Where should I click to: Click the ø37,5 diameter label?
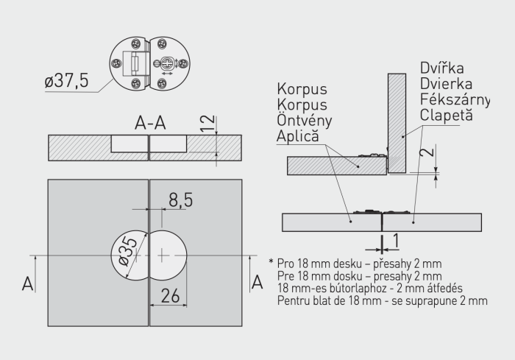[x=65, y=81]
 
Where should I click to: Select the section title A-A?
[x=149, y=123]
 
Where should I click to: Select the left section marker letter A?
[x=27, y=283]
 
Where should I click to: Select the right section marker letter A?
[x=257, y=283]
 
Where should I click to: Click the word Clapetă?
[x=447, y=116]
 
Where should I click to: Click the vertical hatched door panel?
[x=397, y=121]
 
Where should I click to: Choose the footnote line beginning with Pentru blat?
[x=382, y=300]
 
